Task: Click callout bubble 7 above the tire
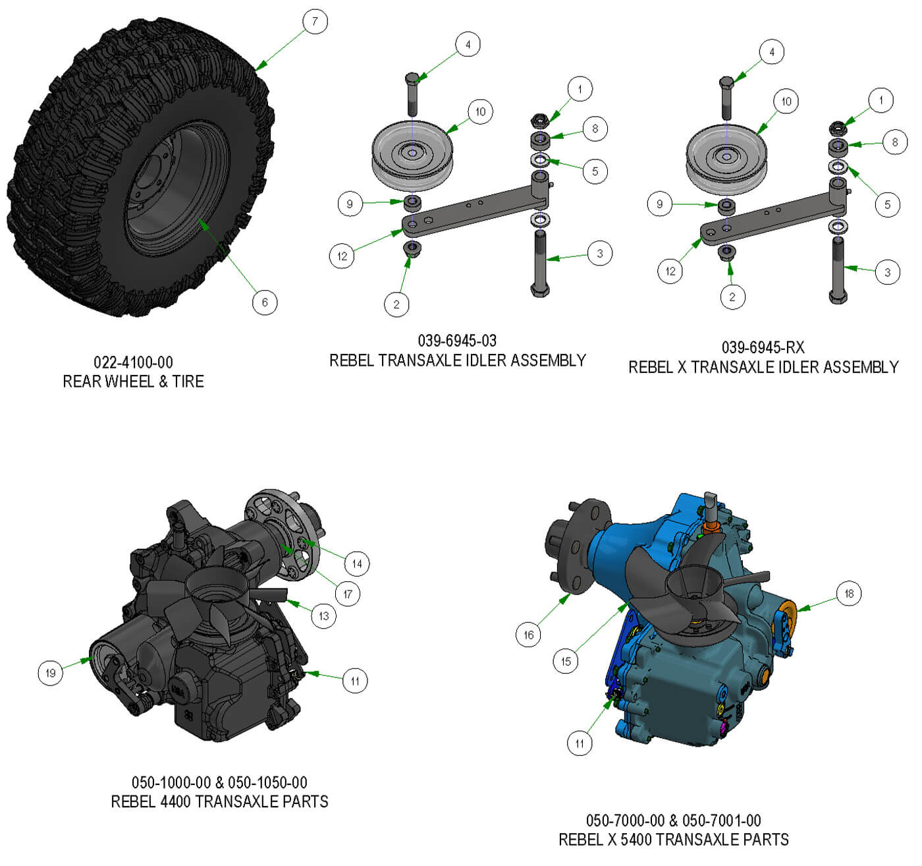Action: click(x=315, y=21)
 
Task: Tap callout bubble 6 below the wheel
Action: click(x=265, y=303)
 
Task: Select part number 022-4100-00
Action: click(x=133, y=362)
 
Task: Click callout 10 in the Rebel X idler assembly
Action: click(x=786, y=101)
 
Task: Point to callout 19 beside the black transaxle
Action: click(x=50, y=673)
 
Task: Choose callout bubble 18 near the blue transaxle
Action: click(x=849, y=593)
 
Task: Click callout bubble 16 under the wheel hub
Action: click(x=528, y=635)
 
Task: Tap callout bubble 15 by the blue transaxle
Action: click(x=566, y=661)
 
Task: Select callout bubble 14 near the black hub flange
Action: click(x=356, y=563)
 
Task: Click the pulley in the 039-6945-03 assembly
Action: click(x=412, y=156)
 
